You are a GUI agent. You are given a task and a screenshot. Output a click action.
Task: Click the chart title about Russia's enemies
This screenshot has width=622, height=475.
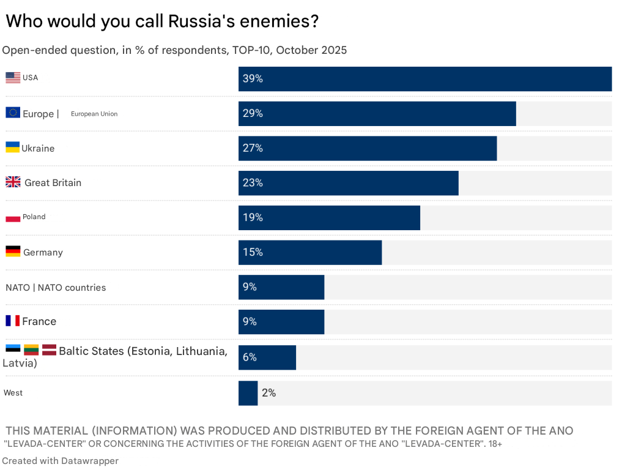[162, 21]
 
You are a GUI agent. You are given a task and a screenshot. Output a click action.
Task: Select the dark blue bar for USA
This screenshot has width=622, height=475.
[425, 79]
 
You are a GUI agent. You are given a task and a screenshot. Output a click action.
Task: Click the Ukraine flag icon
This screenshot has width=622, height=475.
[12, 148]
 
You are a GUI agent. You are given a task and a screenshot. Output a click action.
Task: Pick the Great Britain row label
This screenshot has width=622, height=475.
[53, 182]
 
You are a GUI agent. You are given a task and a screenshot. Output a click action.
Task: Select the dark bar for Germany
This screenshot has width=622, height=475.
[310, 252]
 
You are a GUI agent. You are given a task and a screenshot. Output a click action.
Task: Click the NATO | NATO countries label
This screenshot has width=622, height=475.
[56, 287]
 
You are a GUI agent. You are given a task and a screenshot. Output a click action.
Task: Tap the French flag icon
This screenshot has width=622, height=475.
[12, 321]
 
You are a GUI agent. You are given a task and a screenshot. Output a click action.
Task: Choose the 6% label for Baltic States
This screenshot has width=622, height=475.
[250, 357]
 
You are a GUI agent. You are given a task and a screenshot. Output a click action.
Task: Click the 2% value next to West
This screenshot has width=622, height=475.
[269, 393]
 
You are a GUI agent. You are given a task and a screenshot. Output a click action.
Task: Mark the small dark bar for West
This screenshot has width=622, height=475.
[248, 393]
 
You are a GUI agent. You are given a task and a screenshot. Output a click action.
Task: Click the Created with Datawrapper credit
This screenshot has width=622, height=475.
[61, 460]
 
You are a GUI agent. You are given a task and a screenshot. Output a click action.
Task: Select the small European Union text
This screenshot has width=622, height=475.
[94, 114]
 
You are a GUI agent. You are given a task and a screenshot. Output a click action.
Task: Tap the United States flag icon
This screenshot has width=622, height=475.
[13, 78]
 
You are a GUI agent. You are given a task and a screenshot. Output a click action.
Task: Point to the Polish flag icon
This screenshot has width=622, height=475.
[13, 217]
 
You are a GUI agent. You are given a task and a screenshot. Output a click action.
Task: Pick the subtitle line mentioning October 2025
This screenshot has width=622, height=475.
[174, 50]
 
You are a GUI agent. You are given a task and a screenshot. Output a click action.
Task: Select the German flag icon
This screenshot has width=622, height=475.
[13, 252]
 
